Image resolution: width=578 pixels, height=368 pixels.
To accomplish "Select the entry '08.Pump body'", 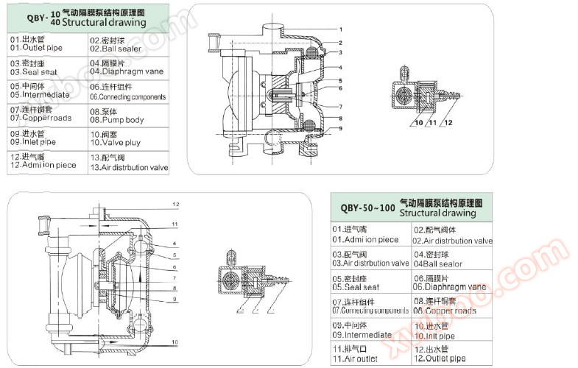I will point(116,120).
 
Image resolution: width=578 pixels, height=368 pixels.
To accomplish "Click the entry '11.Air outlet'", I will point(355,358).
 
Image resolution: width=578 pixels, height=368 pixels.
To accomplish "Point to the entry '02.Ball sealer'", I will point(116,49).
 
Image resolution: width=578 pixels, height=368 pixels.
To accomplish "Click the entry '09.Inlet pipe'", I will point(33,141).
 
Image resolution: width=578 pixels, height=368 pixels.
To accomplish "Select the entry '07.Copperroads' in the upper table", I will point(40,118).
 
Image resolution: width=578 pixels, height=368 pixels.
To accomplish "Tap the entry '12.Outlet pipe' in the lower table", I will point(439,358).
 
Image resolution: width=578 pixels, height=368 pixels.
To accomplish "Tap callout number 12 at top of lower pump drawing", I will point(176,203).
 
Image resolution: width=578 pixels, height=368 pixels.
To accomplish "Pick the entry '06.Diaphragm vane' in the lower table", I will point(450,287).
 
